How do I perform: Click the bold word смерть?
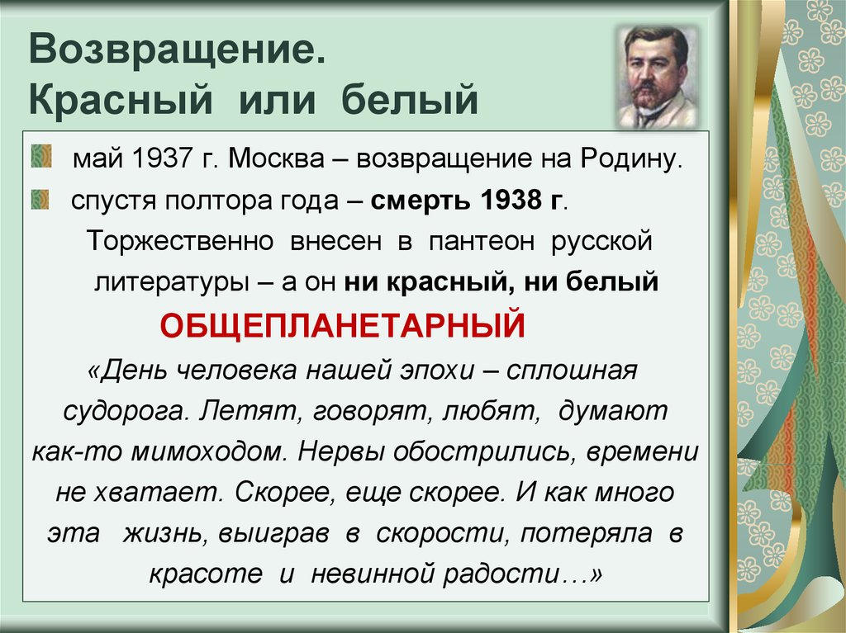tap(411, 201)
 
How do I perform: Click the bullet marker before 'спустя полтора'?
tap(40, 198)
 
